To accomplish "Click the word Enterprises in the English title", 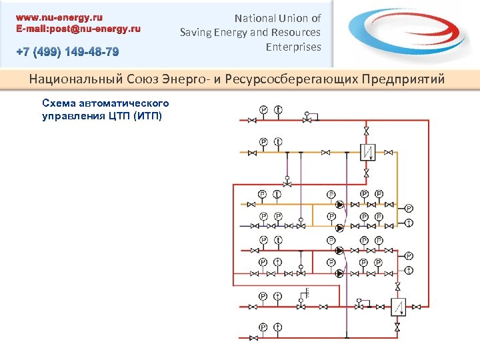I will [x=293, y=47].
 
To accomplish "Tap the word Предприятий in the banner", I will [x=403, y=80].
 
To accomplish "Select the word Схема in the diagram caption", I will [x=59, y=103].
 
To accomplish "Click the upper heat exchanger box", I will [x=367, y=152].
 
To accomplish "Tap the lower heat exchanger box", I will [x=398, y=307].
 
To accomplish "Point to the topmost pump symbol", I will [x=339, y=205].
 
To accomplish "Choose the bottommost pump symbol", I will [x=339, y=273].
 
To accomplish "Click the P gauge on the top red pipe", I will [x=263, y=109].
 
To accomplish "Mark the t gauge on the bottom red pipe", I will [x=277, y=328].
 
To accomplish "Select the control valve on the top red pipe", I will [x=307, y=119].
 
